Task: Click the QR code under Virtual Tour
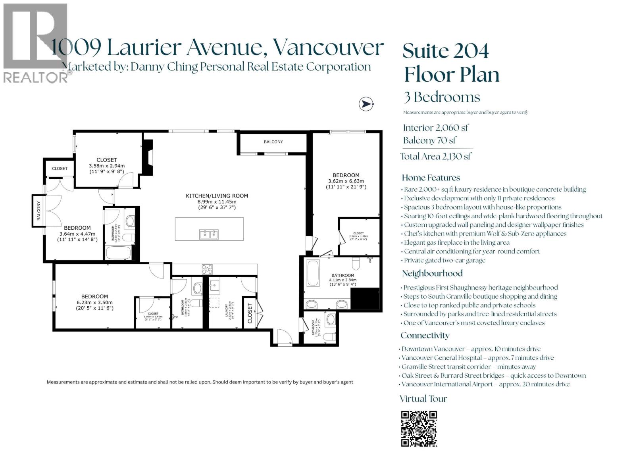click(x=419, y=429)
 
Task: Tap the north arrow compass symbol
click(x=366, y=104)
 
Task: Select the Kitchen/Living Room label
click(x=217, y=196)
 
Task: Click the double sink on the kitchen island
click(x=209, y=234)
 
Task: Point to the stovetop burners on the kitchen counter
click(x=207, y=269)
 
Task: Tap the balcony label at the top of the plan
click(x=273, y=142)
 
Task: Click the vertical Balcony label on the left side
click(x=39, y=211)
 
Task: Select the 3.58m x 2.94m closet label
click(x=106, y=166)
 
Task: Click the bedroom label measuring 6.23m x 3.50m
click(x=94, y=302)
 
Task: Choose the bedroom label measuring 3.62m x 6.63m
click(x=346, y=181)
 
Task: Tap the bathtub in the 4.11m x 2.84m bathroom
click(x=313, y=273)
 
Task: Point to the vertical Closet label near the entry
click(x=250, y=313)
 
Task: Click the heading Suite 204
click(x=446, y=50)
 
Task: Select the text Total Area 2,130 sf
click(x=435, y=156)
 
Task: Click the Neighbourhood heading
click(x=432, y=273)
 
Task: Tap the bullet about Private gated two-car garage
click(x=444, y=260)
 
